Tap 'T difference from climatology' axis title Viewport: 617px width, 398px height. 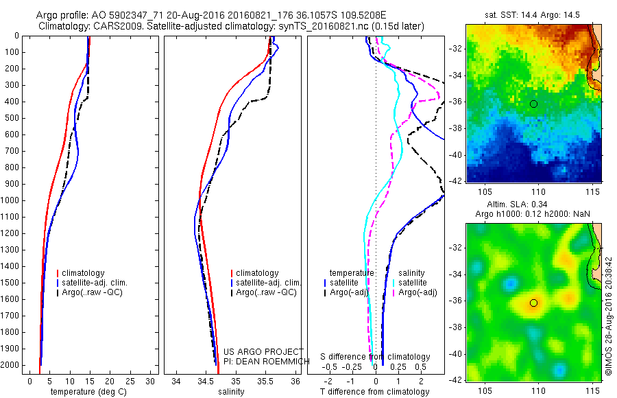pos(375,392)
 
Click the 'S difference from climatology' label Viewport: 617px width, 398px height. pos(376,357)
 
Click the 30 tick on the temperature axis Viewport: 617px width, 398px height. pos(152,380)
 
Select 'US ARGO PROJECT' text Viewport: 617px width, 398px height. pos(254,352)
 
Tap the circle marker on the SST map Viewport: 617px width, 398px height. pos(533,104)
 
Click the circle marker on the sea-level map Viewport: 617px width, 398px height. pos(533,303)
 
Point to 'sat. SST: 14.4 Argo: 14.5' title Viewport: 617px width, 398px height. pos(533,13)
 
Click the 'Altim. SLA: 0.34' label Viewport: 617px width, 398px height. pos(533,206)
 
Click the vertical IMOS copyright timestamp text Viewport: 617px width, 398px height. pos(609,316)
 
